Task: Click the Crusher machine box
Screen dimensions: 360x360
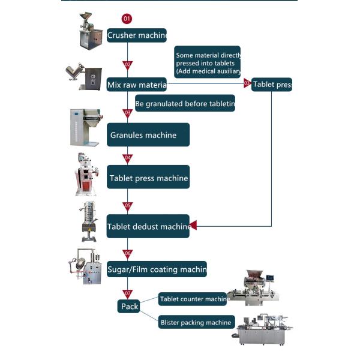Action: [136, 35]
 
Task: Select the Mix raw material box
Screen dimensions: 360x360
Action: [136, 85]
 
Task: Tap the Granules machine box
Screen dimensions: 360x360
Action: [148, 135]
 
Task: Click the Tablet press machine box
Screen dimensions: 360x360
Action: [148, 178]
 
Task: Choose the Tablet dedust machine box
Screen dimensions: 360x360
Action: [148, 226]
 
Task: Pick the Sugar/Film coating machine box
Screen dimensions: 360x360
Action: [157, 269]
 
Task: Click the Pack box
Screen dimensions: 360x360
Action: [130, 306]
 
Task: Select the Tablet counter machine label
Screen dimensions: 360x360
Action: [193, 299]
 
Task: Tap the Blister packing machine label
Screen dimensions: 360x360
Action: [196, 322]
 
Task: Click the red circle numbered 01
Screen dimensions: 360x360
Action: [127, 19]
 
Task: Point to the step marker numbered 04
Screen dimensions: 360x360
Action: [127, 158]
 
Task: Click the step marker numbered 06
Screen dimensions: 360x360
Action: [127, 254]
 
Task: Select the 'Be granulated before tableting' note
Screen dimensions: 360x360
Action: [185, 104]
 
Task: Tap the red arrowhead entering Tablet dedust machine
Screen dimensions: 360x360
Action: [193, 226]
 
